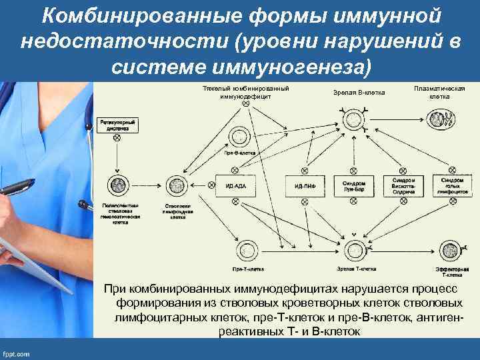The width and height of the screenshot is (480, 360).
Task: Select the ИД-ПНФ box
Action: (x=305, y=185)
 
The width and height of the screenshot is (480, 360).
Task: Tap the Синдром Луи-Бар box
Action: (x=353, y=185)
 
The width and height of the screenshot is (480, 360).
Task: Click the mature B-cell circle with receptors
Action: (x=353, y=119)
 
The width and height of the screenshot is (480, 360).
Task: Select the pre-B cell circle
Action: (x=238, y=137)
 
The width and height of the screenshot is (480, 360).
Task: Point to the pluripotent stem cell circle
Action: (x=119, y=184)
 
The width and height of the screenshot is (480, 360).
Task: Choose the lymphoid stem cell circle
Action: (x=177, y=184)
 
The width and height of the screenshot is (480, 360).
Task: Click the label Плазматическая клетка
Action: (x=439, y=92)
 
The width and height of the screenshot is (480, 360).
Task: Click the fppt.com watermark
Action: (x=16, y=353)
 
